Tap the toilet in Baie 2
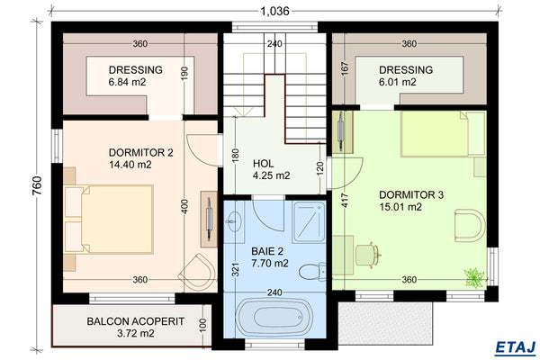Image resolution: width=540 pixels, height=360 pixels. [309, 271]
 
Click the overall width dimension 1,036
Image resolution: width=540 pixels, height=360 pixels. [274, 11]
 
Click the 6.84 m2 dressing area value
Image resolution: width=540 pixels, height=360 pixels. [127, 82]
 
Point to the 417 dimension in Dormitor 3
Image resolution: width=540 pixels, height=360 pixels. [343, 198]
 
